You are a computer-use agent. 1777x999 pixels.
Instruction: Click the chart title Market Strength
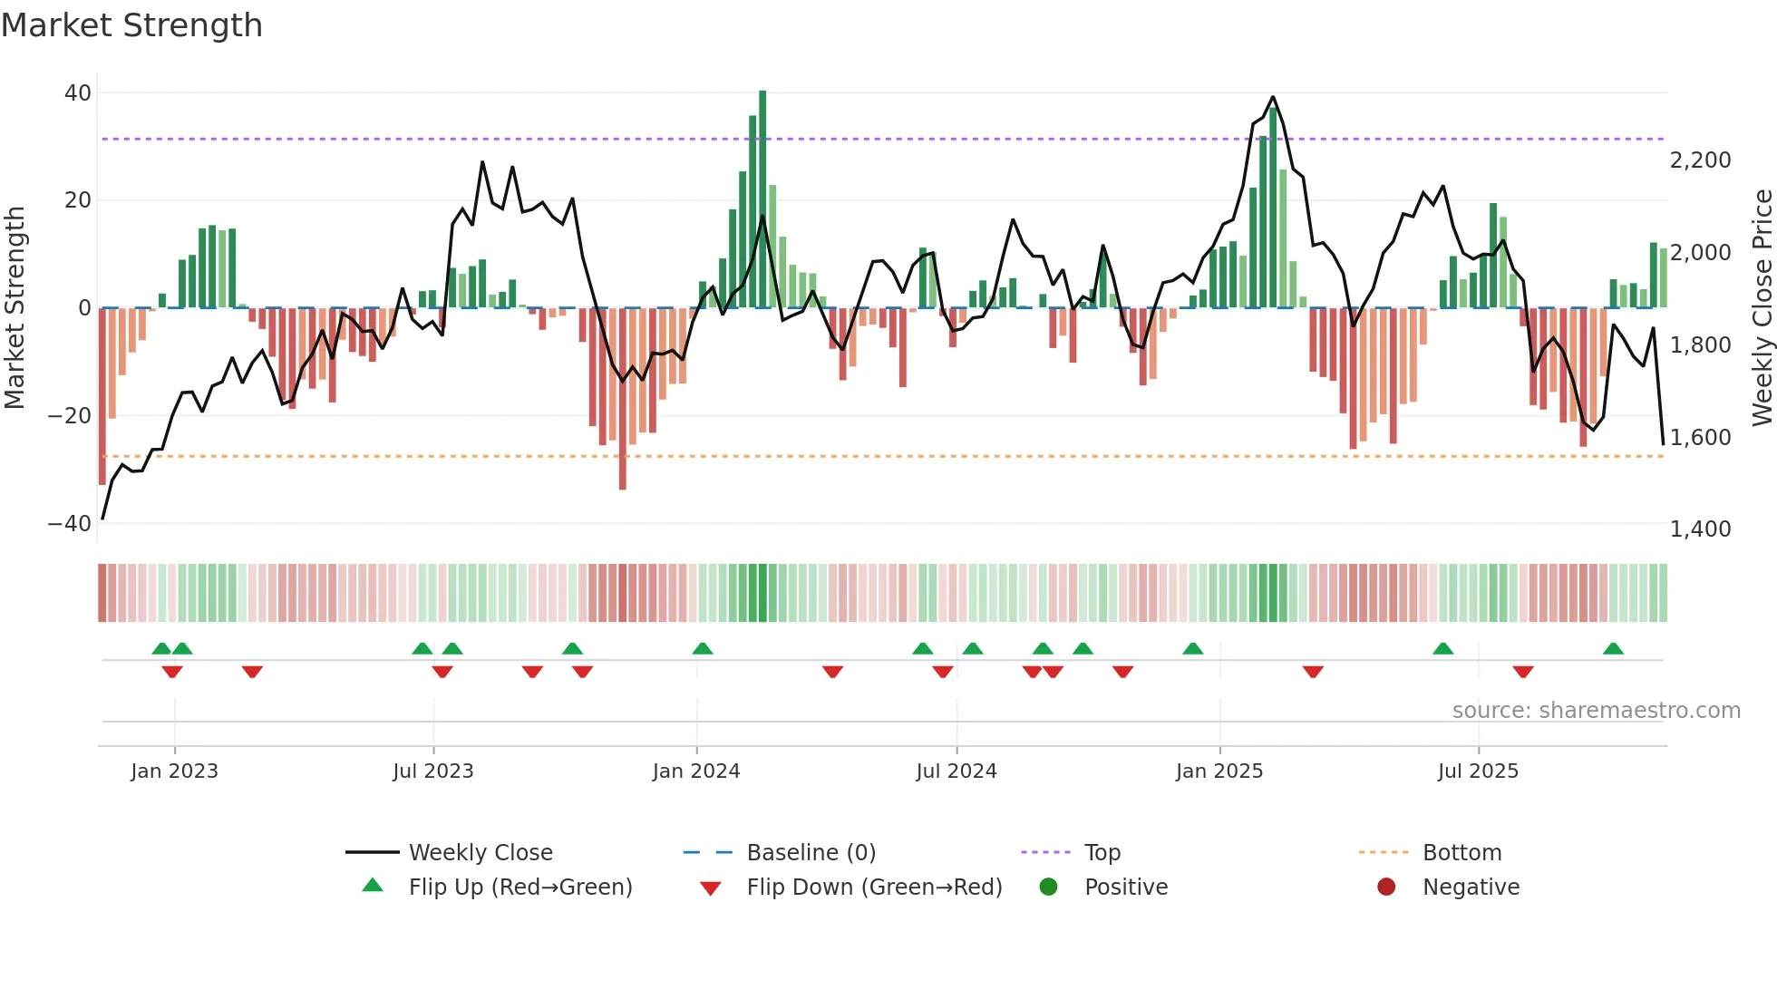tap(131, 25)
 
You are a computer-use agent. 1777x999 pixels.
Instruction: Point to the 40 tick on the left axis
tap(78, 93)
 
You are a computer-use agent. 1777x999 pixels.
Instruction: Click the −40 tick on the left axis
tap(70, 524)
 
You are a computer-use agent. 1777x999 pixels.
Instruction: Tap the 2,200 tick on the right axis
tap(1700, 160)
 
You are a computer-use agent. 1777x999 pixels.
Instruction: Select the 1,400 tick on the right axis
tap(1700, 529)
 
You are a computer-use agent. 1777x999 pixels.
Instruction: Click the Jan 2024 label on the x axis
tap(696, 771)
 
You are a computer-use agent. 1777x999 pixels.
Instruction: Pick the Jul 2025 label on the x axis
tap(1478, 771)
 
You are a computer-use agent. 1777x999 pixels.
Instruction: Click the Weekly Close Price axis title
tap(1762, 308)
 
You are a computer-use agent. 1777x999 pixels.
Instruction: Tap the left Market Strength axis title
tap(15, 308)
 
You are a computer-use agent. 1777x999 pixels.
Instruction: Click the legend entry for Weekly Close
tap(480, 853)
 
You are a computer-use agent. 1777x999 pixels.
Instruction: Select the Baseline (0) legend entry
tap(811, 853)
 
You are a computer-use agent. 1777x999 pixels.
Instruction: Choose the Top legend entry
tap(1102, 853)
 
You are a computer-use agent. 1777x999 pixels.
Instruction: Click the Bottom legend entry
tap(1461, 853)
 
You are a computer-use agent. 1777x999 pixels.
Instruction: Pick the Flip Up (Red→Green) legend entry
tap(520, 887)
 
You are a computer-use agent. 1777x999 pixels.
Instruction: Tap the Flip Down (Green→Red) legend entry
tap(874, 887)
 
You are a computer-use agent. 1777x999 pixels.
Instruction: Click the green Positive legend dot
tap(1049, 887)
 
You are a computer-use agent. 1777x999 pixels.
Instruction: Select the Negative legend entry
tap(1471, 887)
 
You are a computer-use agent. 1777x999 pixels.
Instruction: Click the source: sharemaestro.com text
tap(1596, 711)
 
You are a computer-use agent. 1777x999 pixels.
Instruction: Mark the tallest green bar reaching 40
tap(762, 199)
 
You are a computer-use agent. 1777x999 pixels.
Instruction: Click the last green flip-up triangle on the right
tap(1613, 649)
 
